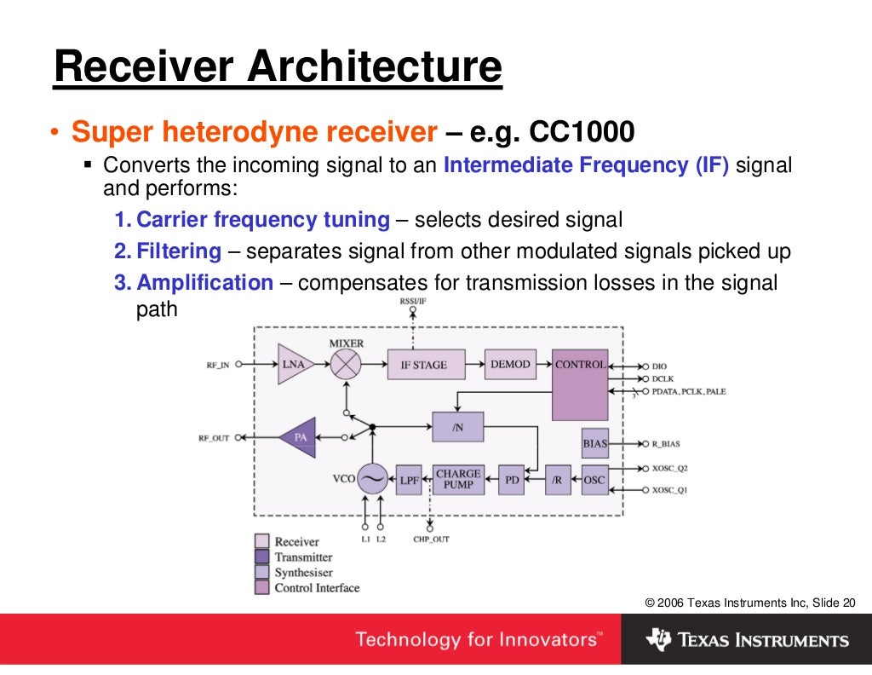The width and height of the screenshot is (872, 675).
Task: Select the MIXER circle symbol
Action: [x=346, y=365]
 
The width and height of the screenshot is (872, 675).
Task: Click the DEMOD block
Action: [x=510, y=364]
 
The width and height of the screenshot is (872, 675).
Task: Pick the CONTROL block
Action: [x=580, y=384]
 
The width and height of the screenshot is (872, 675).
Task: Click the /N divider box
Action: [x=458, y=427]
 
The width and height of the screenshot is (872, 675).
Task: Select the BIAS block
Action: [x=594, y=443]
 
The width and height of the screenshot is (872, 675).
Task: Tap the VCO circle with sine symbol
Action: [x=372, y=479]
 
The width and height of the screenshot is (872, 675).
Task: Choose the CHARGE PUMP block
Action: [x=458, y=479]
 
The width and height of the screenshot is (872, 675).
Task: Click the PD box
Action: [x=512, y=480]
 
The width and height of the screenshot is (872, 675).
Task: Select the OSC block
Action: [x=594, y=480]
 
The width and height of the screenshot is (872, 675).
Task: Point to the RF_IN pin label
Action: [x=217, y=365]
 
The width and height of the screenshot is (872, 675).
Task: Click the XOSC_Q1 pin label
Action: [x=669, y=491]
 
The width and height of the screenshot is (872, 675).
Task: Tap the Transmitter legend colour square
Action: [x=262, y=557]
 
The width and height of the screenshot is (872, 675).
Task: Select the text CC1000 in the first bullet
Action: [x=582, y=132]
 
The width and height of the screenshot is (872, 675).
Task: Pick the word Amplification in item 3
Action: [x=204, y=283]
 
